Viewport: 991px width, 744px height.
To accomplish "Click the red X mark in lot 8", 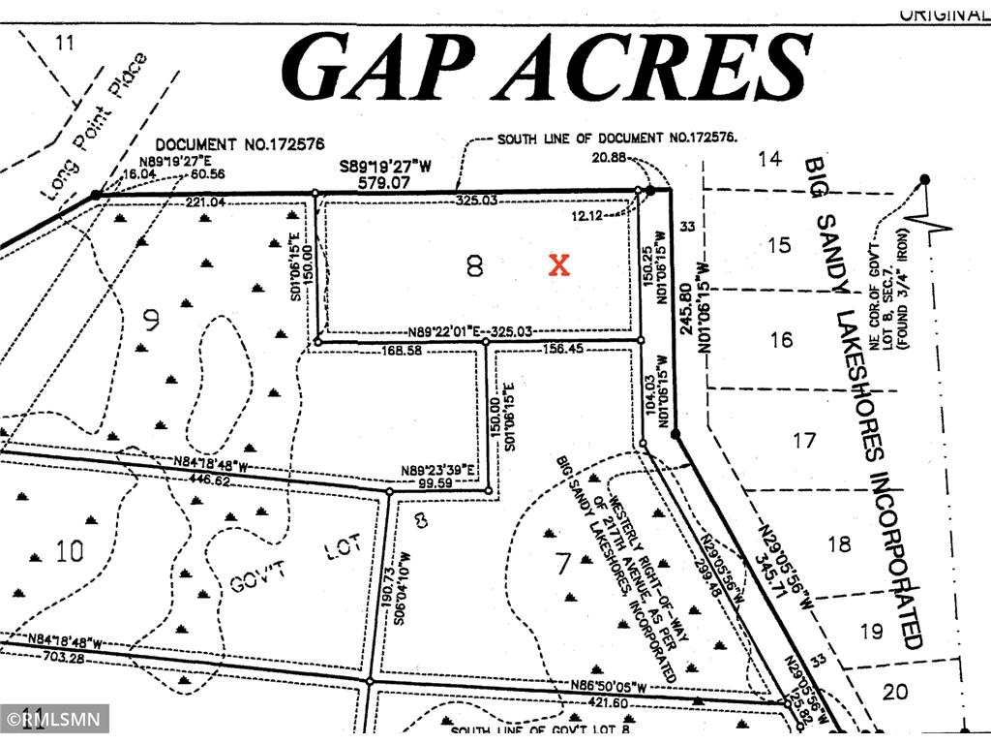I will pos(559,265).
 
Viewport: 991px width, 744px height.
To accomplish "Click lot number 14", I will pos(768,159).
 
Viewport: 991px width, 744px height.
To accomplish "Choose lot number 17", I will pos(804,441).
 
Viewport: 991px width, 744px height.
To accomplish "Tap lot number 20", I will pos(895,691).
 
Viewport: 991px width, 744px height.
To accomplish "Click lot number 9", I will pos(152,321).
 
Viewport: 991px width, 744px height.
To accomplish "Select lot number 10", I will pos(69,552).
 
